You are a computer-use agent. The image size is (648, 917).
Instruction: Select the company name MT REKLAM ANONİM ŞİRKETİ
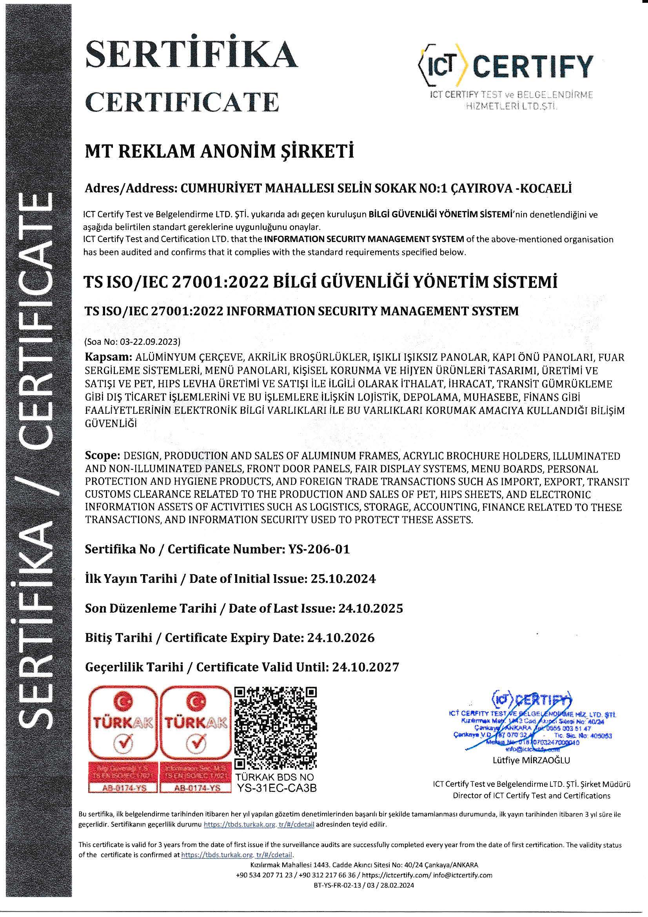(x=220, y=152)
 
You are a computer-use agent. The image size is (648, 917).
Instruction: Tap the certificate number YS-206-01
(x=319, y=549)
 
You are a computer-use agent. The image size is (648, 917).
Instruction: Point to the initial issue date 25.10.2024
(x=343, y=579)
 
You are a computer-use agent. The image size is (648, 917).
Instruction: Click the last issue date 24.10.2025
(x=370, y=608)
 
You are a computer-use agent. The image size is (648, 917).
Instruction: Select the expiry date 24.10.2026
(x=341, y=638)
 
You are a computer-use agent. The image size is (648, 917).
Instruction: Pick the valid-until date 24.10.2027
(x=365, y=668)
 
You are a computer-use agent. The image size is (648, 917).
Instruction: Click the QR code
(x=275, y=729)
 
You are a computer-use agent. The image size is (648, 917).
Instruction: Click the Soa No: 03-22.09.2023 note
(x=133, y=342)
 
